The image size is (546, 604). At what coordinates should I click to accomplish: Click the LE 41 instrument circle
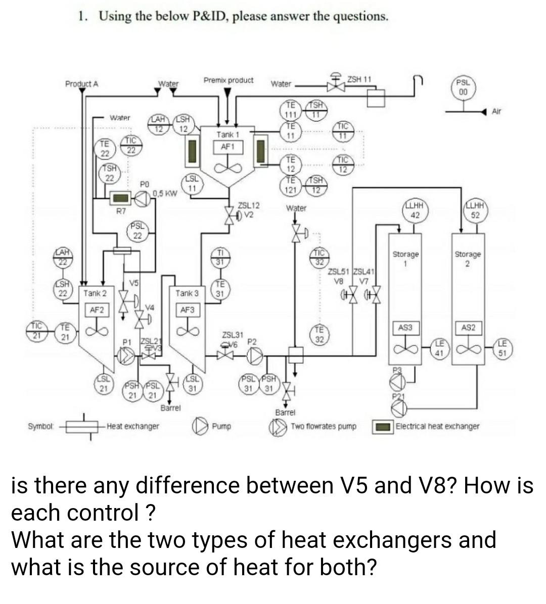point(439,348)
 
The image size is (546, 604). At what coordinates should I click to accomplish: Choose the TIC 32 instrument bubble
point(320,257)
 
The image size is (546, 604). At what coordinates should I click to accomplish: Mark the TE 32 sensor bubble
point(319,336)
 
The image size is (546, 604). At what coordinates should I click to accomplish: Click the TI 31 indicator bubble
point(220,257)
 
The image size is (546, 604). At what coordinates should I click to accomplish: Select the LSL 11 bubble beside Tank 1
point(192,184)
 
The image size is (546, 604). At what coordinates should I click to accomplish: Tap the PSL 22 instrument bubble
point(137,231)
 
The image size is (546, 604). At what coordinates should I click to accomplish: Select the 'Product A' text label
point(81,84)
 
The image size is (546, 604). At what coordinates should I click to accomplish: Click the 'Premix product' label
point(229,80)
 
